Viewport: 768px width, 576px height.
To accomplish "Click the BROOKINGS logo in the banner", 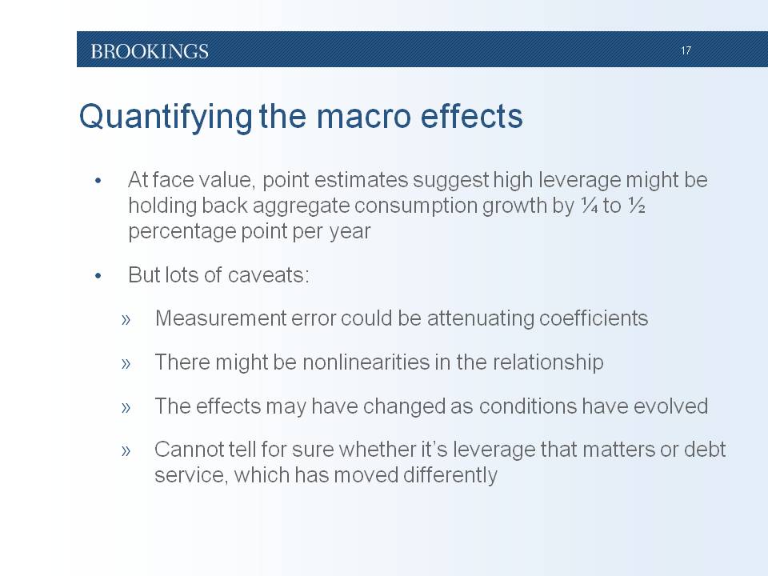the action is click(150, 51).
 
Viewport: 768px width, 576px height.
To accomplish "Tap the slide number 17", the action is click(686, 50).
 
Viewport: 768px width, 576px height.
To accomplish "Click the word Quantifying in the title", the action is click(166, 118).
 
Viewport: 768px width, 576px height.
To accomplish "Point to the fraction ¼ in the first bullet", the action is click(589, 206).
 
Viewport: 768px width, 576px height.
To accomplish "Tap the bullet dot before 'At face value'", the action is click(98, 181).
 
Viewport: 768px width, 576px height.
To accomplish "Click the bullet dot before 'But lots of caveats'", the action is click(98, 276).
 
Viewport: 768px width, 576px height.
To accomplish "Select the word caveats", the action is click(269, 274).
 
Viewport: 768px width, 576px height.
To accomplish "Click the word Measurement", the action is click(221, 318).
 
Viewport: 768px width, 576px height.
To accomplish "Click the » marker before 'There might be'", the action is click(126, 363).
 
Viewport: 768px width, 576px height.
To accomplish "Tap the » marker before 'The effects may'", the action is click(126, 407).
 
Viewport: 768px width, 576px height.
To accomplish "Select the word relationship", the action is click(548, 363).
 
